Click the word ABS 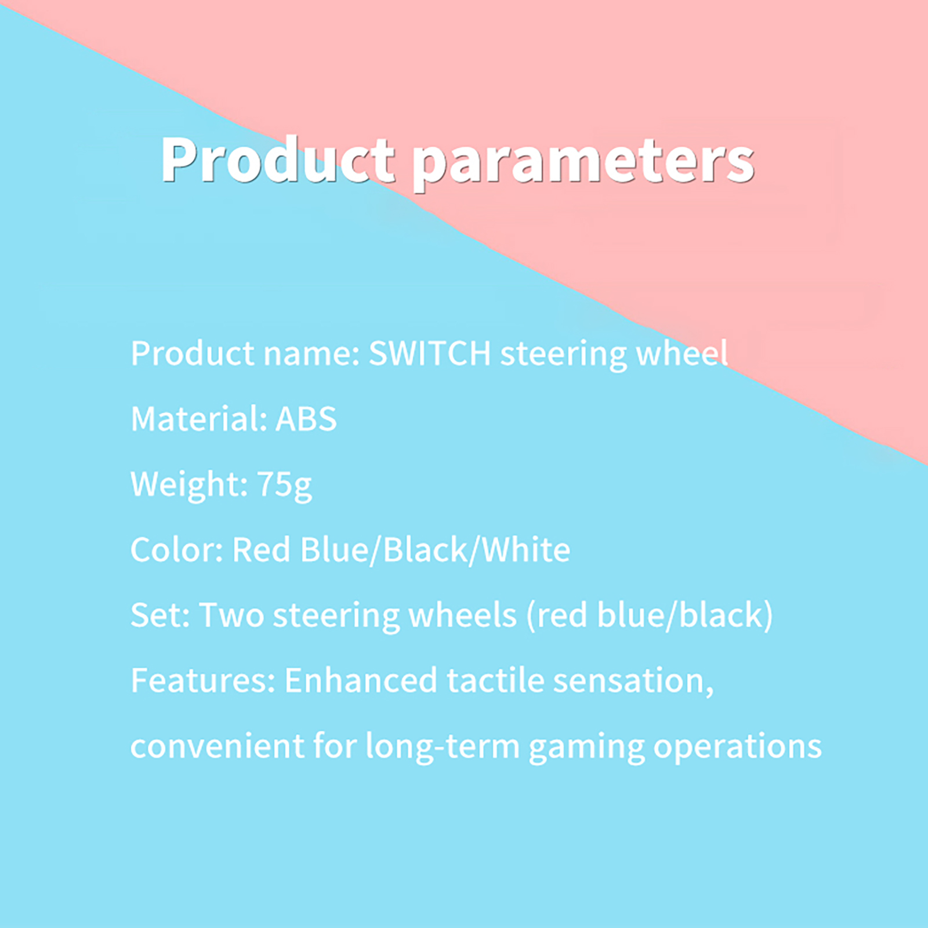coord(306,418)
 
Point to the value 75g coord(284,485)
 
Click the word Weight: coord(189,484)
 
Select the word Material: coord(199,418)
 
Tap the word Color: coord(177,549)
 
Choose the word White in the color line coord(526,549)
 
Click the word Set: coord(160,615)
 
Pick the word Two coord(231,615)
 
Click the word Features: coord(203,680)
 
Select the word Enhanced coord(361,680)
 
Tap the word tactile coord(495,680)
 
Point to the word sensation coord(629,680)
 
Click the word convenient coord(217,746)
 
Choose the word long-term coord(443,747)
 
